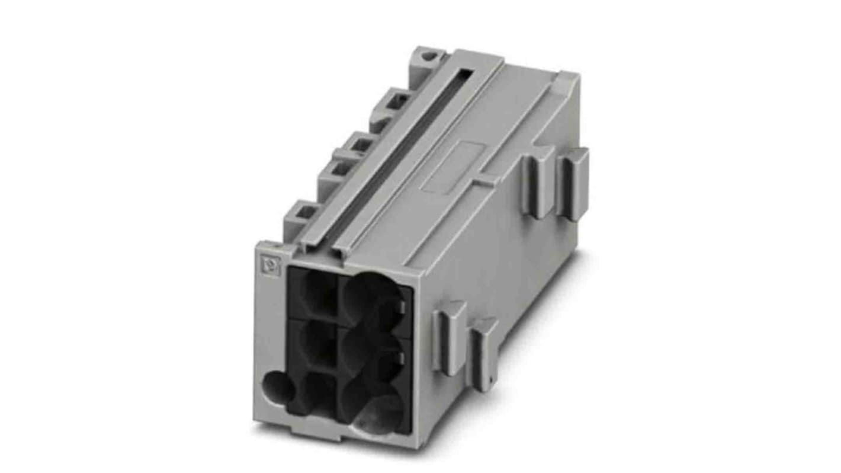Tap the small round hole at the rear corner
(426, 57)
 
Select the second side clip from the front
(484, 353)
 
